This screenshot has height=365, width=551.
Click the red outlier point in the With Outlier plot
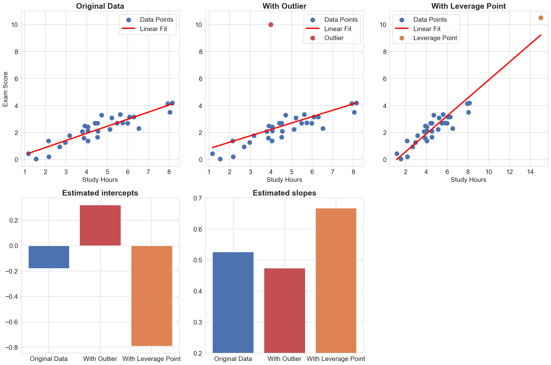tap(271, 25)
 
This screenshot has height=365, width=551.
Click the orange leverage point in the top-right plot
tap(541, 18)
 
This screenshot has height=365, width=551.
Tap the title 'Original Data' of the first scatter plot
tap(100, 6)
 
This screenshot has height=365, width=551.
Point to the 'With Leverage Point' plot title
tap(468, 6)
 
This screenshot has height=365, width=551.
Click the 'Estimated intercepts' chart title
tap(100, 193)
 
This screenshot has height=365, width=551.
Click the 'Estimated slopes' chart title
tap(284, 193)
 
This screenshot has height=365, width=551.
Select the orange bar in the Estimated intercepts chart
tap(151, 295)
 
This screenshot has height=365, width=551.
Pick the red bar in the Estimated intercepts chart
tap(100, 225)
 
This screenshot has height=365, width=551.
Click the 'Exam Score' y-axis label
tap(6, 89)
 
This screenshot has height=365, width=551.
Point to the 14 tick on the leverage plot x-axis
tap(530, 172)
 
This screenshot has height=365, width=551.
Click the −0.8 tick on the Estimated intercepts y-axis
tap(11, 347)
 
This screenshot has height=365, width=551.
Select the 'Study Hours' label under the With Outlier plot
tap(284, 180)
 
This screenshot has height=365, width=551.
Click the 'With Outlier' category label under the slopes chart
tap(284, 359)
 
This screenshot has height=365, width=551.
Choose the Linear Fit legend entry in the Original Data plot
tap(153, 29)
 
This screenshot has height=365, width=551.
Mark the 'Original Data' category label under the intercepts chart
tap(49, 359)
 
